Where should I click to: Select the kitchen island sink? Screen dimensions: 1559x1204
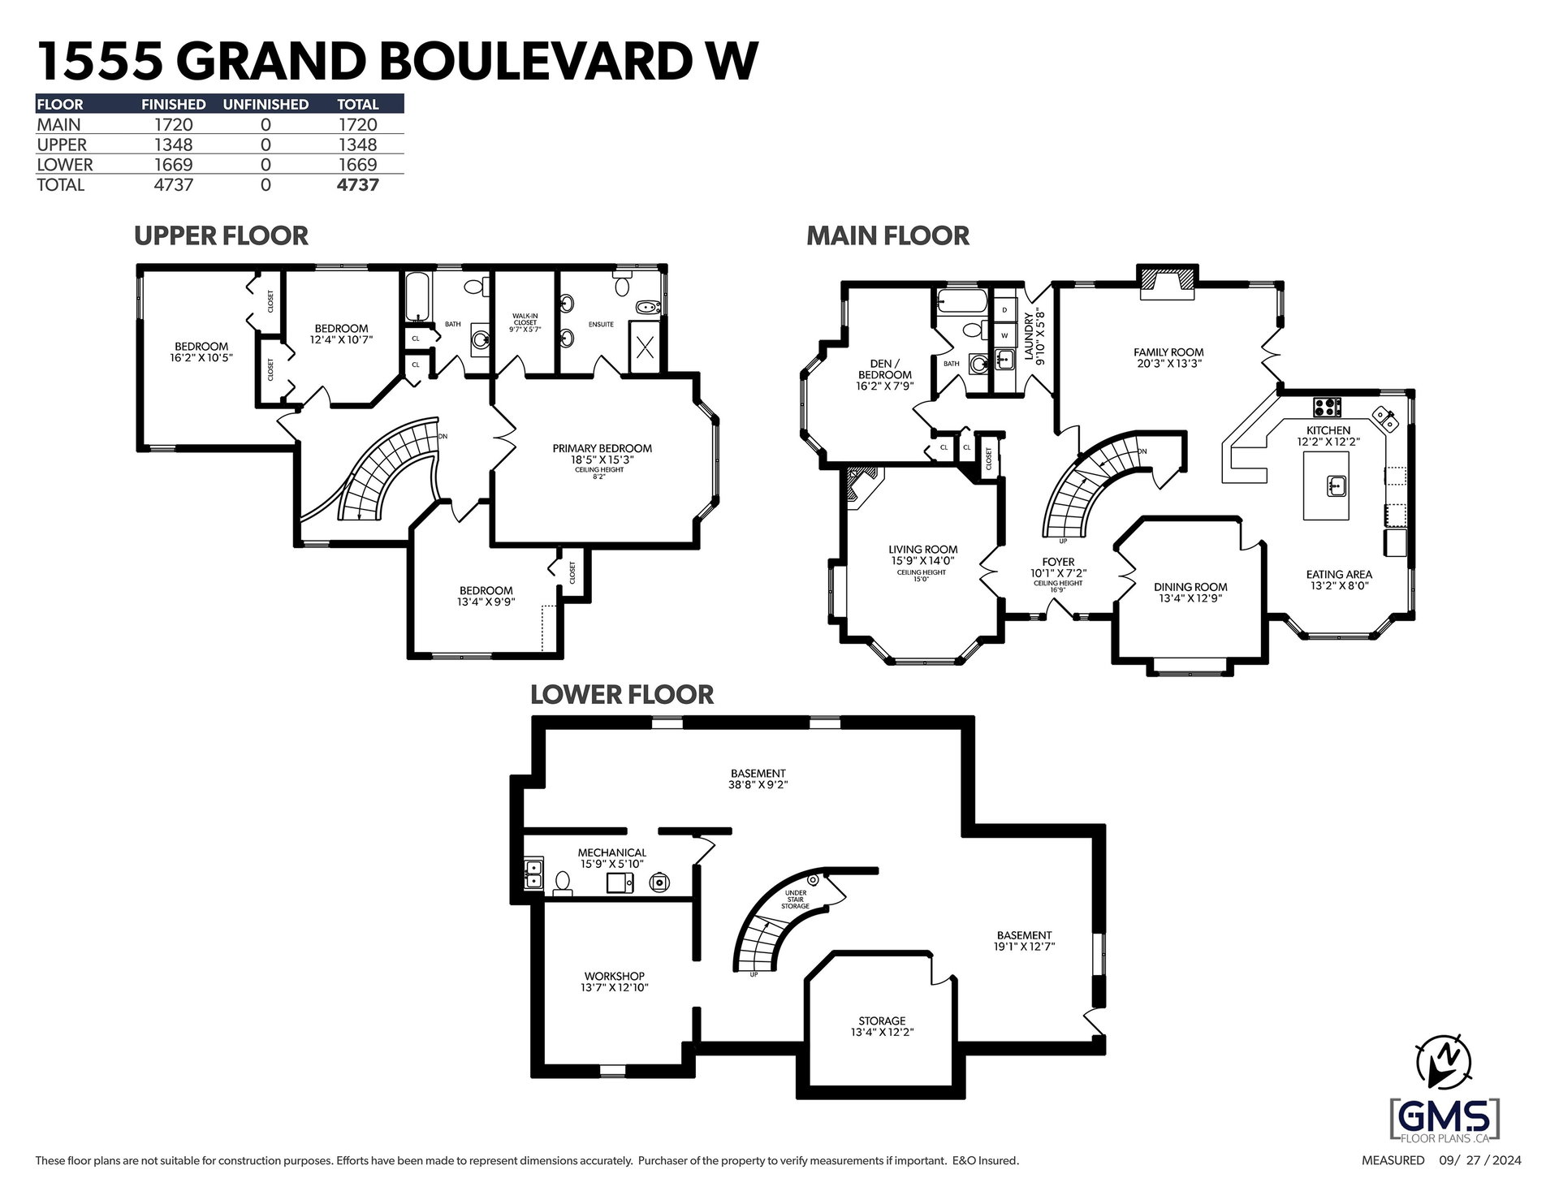[x=1337, y=486]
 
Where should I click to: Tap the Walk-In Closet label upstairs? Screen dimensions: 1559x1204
[x=525, y=323]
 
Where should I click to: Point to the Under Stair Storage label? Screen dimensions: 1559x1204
[x=795, y=899]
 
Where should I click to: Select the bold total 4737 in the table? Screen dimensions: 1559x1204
[x=358, y=184]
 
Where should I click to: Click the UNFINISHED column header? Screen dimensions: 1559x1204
[x=266, y=104]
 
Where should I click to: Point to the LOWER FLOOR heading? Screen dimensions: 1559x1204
[x=622, y=695]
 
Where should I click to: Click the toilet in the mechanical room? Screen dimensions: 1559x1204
[x=562, y=883]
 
